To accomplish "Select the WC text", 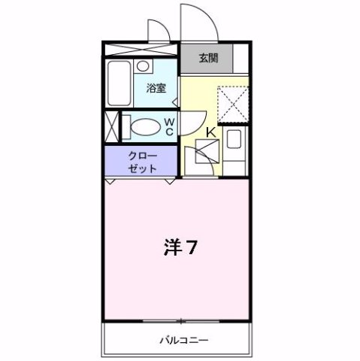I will point(169,126).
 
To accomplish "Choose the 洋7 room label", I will point(180,248).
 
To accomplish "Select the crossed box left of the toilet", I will point(111,126).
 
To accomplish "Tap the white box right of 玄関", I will point(241,59).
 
